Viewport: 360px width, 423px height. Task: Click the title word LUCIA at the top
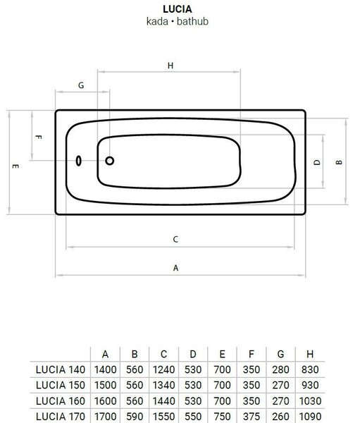pos(177,9)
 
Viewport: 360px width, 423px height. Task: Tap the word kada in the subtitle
pos(157,21)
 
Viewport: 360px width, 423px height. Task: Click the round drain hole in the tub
pos(109,161)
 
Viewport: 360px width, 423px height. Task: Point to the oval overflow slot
pos(78,161)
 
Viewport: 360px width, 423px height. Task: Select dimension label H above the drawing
pos(170,66)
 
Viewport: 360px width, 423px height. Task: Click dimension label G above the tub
pos(81,85)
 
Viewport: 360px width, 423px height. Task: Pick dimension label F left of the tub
pos(39,137)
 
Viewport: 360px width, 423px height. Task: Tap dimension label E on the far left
pos(15,166)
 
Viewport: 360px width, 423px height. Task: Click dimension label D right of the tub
pos(317,162)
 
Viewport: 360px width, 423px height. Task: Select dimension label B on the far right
pos(339,162)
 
